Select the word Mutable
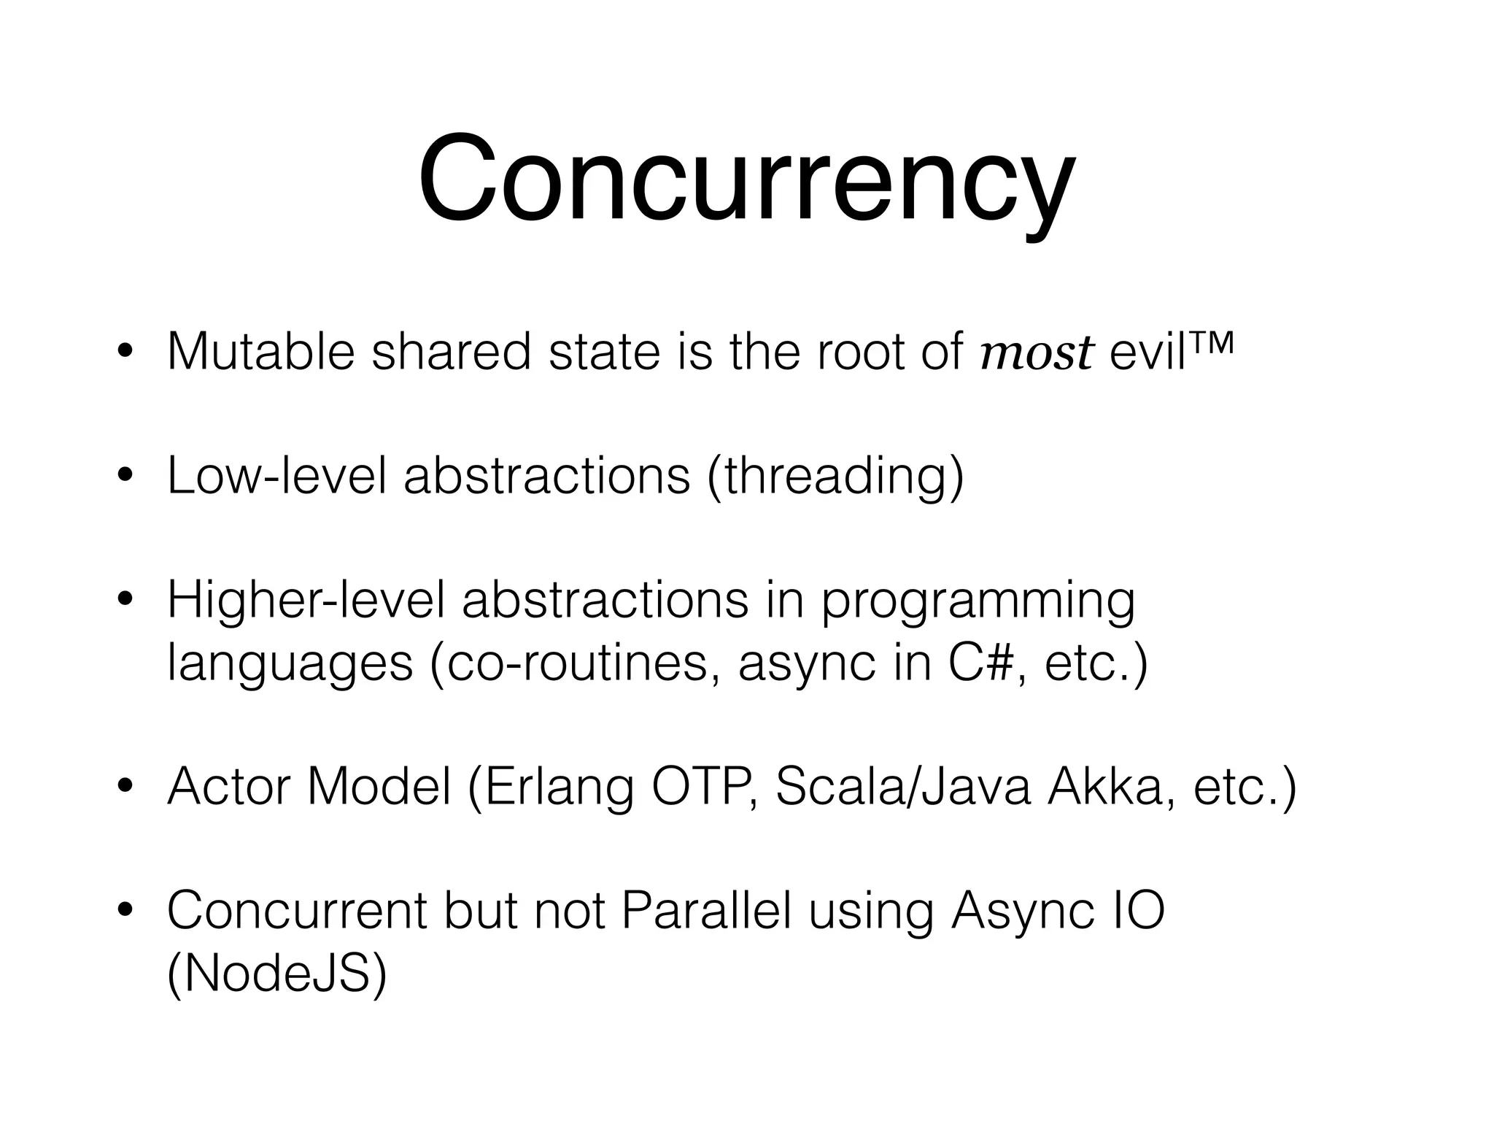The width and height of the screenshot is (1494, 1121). point(260,352)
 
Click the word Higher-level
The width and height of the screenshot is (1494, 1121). point(306,600)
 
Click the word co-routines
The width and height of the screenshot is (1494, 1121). point(578,663)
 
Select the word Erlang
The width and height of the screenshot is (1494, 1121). point(558,787)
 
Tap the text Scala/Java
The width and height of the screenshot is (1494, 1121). point(903,786)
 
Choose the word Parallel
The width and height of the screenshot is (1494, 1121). point(705,910)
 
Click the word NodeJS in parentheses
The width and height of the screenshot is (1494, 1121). point(277,973)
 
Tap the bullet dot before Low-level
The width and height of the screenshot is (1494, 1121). point(126,476)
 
